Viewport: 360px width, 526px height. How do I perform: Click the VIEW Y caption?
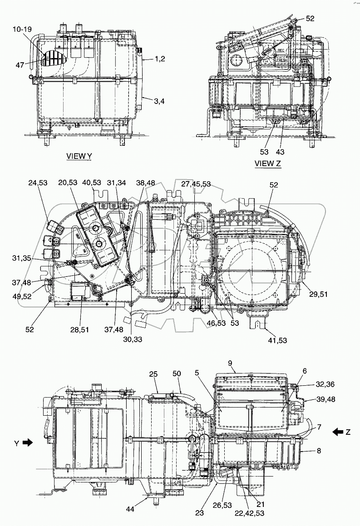point(79,156)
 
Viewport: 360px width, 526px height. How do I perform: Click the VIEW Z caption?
point(268,164)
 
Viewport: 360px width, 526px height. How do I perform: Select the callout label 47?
point(20,65)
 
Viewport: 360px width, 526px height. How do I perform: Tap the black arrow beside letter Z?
point(337,432)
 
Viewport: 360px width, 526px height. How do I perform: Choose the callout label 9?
point(230,364)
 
